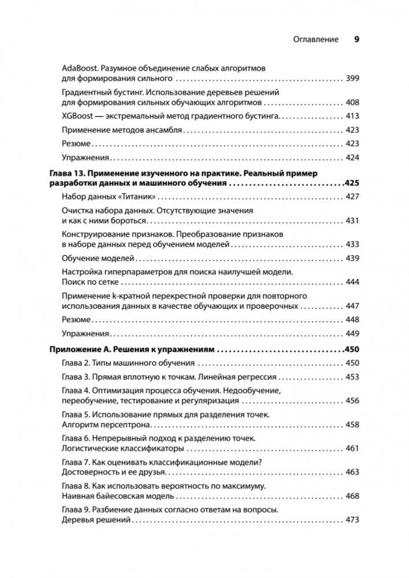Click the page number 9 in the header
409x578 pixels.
click(356, 40)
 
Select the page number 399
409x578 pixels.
click(352, 77)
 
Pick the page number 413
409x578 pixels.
click(352, 116)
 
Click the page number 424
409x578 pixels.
click(352, 158)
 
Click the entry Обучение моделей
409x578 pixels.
click(98, 258)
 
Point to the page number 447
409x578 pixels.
click(352, 305)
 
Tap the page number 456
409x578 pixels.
click(352, 401)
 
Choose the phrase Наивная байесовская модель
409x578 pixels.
click(118, 496)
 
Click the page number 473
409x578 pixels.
click(352, 520)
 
